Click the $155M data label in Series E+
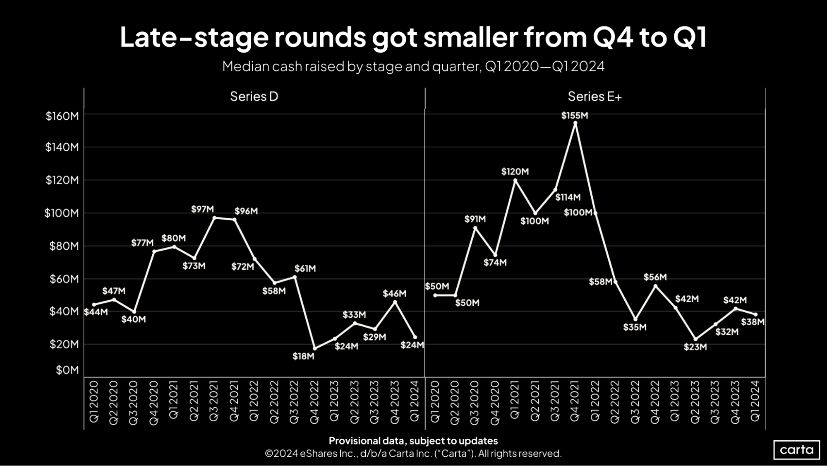tap(574, 116)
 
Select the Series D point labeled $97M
tap(214, 217)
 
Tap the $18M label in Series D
tap(303, 356)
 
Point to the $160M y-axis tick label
tap(62, 116)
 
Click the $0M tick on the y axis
tap(67, 370)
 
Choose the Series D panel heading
tap(254, 97)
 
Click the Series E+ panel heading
tap(594, 97)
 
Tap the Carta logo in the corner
tap(796, 450)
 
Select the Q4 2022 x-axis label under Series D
tap(314, 402)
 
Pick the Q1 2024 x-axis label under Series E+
tap(755, 401)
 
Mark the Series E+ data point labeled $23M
tap(695, 339)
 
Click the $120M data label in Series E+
tap(515, 171)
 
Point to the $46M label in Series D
tap(394, 294)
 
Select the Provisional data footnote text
tap(413, 441)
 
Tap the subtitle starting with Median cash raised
tap(413, 66)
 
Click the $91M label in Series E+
tap(475, 219)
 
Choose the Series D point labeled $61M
tap(295, 277)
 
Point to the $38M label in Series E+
tap(752, 322)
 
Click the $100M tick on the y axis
tap(61, 213)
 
